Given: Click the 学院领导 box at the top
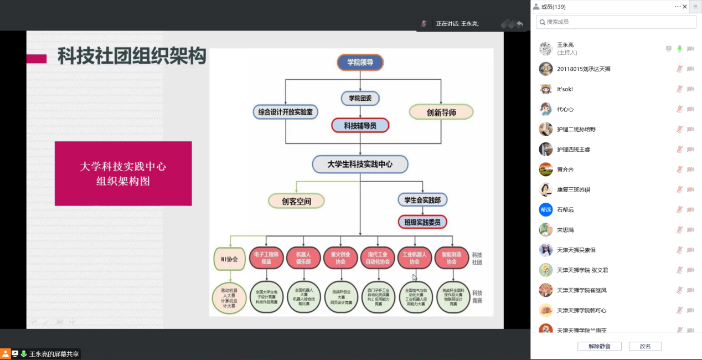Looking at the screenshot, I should pyautogui.click(x=360, y=63).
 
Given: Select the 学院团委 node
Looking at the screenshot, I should pyautogui.click(x=360, y=99).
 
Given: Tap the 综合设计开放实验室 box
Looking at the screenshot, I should pyautogui.click(x=286, y=112).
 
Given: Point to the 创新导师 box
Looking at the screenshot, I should pyautogui.click(x=441, y=112).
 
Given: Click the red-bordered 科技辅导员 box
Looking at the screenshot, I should pyautogui.click(x=360, y=126).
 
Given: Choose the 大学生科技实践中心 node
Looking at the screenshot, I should pyautogui.click(x=360, y=164).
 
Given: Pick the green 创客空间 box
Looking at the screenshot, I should pyautogui.click(x=296, y=201).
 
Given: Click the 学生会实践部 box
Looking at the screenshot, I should pyautogui.click(x=422, y=200).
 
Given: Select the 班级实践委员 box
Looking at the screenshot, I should pyautogui.click(x=422, y=223).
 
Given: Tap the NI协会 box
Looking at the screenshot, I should pyautogui.click(x=229, y=259).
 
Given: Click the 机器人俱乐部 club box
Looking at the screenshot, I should pyautogui.click(x=303, y=258).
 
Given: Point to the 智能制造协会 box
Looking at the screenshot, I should pyautogui.click(x=452, y=258).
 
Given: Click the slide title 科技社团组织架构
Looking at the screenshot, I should pyautogui.click(x=132, y=56).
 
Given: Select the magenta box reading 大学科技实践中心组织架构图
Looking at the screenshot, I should pyautogui.click(x=123, y=173).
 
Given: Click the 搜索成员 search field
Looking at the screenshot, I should pyautogui.click(x=616, y=22).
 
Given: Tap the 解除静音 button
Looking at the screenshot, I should pyautogui.click(x=600, y=346).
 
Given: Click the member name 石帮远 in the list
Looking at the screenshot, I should pyautogui.click(x=565, y=210).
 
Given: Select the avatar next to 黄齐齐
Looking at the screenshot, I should pyautogui.click(x=546, y=169).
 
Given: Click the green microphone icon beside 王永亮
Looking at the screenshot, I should pyautogui.click(x=679, y=49).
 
